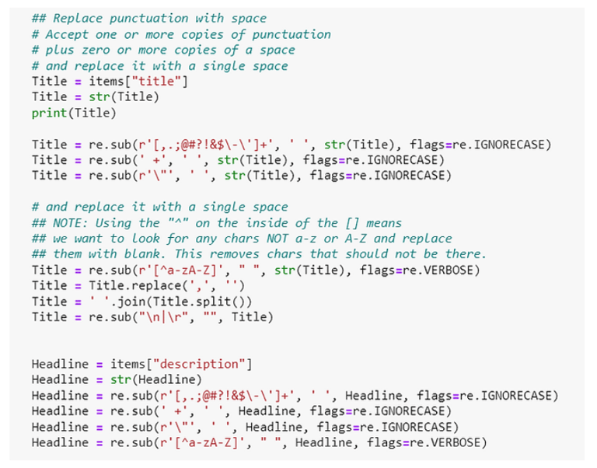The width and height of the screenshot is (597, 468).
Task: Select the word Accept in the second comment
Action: coord(67,34)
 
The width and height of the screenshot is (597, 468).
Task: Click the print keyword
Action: coord(49,113)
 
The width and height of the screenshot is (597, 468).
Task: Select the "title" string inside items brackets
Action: coord(159,82)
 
